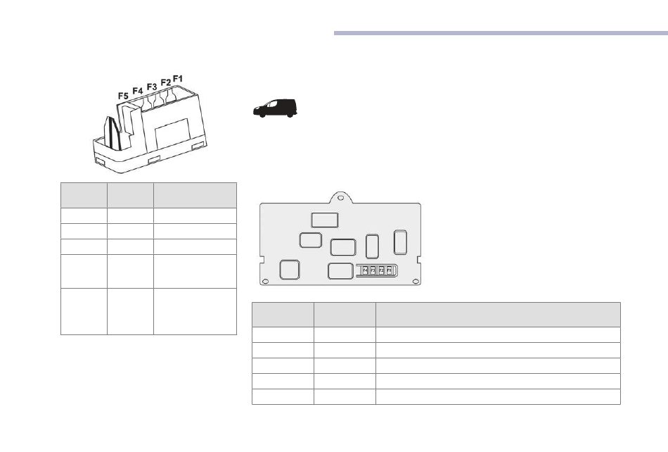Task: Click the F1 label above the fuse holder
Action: pyautogui.click(x=178, y=77)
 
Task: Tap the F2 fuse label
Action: pyautogui.click(x=166, y=82)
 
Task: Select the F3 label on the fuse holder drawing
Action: pyautogui.click(x=152, y=87)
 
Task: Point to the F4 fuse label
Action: pyautogui.click(x=138, y=91)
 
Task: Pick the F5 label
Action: pyautogui.click(x=123, y=95)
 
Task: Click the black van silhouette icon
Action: pyautogui.click(x=275, y=108)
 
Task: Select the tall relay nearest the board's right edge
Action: pyautogui.click(x=400, y=241)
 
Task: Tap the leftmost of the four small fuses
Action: pyautogui.click(x=364, y=270)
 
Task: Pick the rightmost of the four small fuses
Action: pyautogui.click(x=388, y=270)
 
